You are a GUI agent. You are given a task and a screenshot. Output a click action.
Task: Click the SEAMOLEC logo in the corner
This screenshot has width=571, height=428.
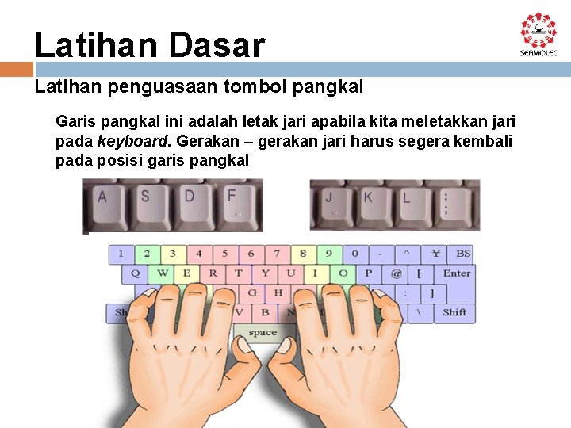538,34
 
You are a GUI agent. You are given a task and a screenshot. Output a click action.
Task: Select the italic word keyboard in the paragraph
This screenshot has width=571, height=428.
132,141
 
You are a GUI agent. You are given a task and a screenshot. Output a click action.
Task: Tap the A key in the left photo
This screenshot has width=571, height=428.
102,197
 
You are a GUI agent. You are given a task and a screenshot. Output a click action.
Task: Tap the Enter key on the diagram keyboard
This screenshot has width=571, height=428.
457,273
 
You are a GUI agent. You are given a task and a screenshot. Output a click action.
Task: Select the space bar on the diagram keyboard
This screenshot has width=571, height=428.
263,334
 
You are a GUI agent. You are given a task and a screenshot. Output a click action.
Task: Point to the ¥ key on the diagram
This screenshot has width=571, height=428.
435,254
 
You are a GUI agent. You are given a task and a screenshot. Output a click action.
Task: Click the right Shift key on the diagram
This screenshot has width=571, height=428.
454,312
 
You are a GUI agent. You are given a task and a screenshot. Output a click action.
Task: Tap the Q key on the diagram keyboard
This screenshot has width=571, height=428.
135,273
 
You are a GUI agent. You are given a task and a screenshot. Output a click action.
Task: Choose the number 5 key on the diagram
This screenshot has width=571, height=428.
225,254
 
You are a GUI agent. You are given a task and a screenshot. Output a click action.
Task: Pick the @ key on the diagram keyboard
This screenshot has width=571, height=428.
394,273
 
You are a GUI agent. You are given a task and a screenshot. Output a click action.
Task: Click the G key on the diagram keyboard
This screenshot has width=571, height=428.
252,292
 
